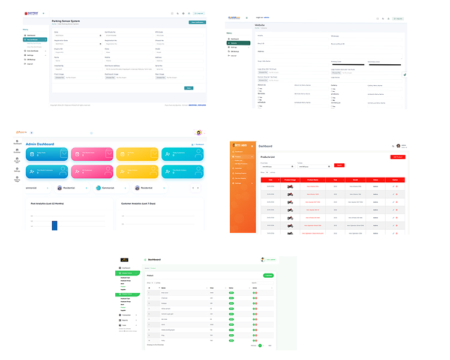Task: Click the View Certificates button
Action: (x=197, y=22)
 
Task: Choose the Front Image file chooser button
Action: (x=59, y=77)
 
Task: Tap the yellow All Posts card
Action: (x=137, y=154)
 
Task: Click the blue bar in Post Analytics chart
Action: (x=54, y=226)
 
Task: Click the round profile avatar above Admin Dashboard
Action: (x=199, y=133)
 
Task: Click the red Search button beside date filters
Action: (x=340, y=165)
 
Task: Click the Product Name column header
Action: (x=312, y=179)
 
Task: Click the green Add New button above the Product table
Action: (x=268, y=275)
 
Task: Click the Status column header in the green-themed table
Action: (x=230, y=288)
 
